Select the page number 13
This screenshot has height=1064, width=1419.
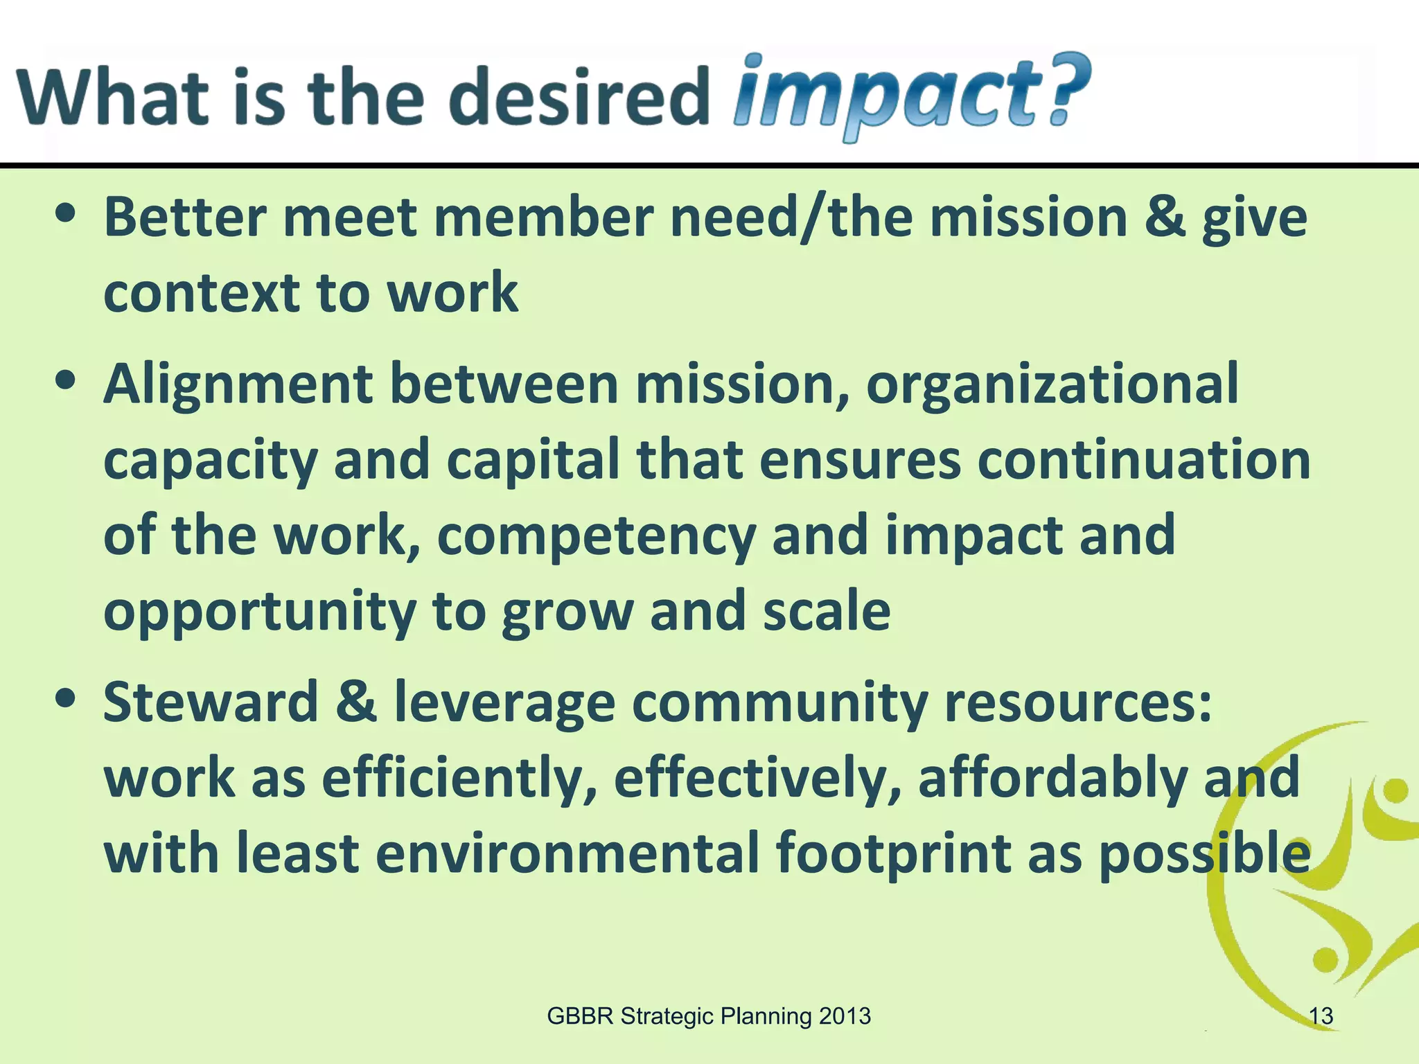1321,1016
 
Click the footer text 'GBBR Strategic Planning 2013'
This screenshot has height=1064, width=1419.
708,1016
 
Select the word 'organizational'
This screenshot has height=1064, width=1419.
1051,384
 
